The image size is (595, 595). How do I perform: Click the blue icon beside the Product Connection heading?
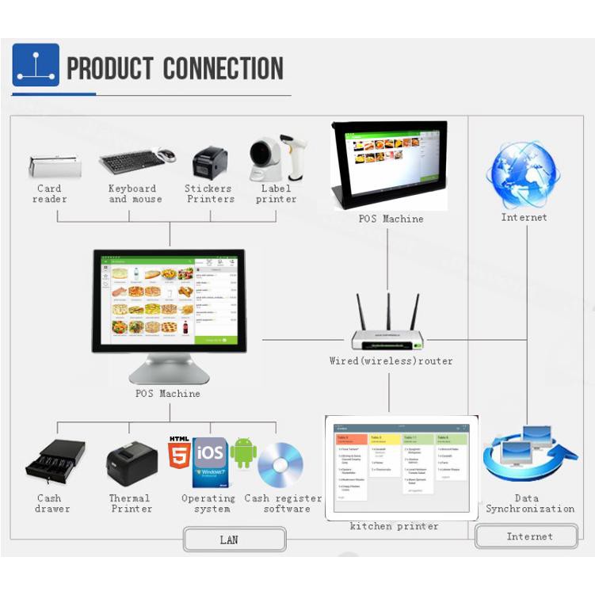pyautogui.click(x=36, y=65)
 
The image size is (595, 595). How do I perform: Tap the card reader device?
pyautogui.click(x=55, y=166)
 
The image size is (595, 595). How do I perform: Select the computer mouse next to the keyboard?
pyautogui.click(x=166, y=156)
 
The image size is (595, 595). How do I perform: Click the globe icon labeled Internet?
pyautogui.click(x=524, y=175)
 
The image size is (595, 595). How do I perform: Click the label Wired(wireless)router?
pyautogui.click(x=391, y=361)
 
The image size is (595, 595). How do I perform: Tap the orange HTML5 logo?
pyautogui.click(x=179, y=454)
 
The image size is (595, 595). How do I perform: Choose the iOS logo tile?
pyautogui.click(x=210, y=453)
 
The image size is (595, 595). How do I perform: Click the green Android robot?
pyautogui.click(x=243, y=453)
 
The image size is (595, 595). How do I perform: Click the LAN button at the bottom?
pyautogui.click(x=235, y=540)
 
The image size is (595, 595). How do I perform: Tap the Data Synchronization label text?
pyautogui.click(x=529, y=504)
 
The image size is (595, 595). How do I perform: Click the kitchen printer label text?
pyautogui.click(x=394, y=526)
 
